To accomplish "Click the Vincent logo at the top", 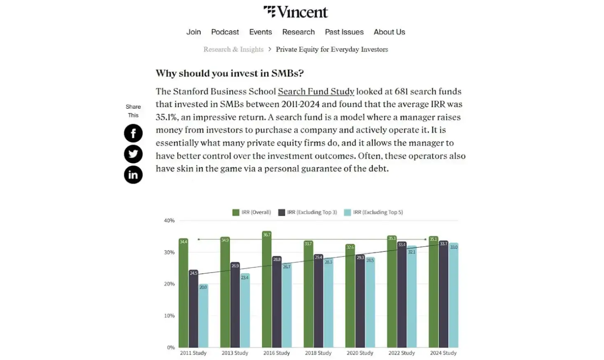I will (x=296, y=12).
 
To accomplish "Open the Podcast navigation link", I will (x=225, y=32).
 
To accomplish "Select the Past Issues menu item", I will (x=344, y=32).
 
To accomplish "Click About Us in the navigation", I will (x=389, y=32).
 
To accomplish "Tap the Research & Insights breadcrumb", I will (x=233, y=49).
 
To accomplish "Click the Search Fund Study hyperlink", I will (x=316, y=91).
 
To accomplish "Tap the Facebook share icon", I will (x=133, y=133).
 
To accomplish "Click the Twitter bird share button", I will (x=133, y=154).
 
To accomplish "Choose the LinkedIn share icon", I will (x=133, y=175).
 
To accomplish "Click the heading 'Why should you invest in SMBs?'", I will (x=229, y=73).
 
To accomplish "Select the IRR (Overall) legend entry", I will (x=252, y=212).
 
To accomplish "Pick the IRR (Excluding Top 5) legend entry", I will (x=373, y=212).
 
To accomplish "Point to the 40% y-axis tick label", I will (x=169, y=221).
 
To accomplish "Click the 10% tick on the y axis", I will (x=169, y=316).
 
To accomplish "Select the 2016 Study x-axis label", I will (x=276, y=353).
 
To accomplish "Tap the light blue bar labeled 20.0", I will (x=203, y=317).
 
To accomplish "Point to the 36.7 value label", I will (x=267, y=235).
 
